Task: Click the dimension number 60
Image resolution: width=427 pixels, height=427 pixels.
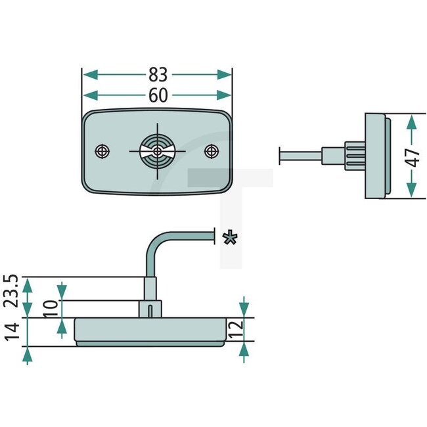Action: pyautogui.click(x=157, y=96)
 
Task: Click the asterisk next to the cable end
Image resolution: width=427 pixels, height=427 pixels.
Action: pyautogui.click(x=229, y=237)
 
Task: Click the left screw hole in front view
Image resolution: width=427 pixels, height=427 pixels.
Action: pyautogui.click(x=102, y=151)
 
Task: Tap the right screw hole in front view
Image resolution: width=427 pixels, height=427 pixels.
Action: pyautogui.click(x=212, y=151)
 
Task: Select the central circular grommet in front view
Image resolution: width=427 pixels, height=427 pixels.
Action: pyautogui.click(x=157, y=151)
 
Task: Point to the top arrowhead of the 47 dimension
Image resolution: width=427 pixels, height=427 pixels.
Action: pyautogui.click(x=411, y=120)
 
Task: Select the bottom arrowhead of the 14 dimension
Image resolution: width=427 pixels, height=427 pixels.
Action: pyautogui.click(x=27, y=356)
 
